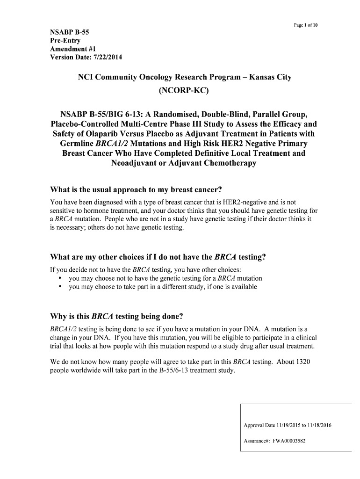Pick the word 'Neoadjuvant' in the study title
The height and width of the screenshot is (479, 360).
(136, 163)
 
